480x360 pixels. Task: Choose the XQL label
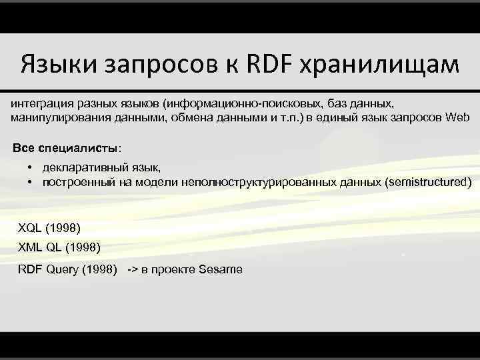(30, 228)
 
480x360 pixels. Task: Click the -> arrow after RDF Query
(132, 269)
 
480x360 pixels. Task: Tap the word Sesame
(221, 269)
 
